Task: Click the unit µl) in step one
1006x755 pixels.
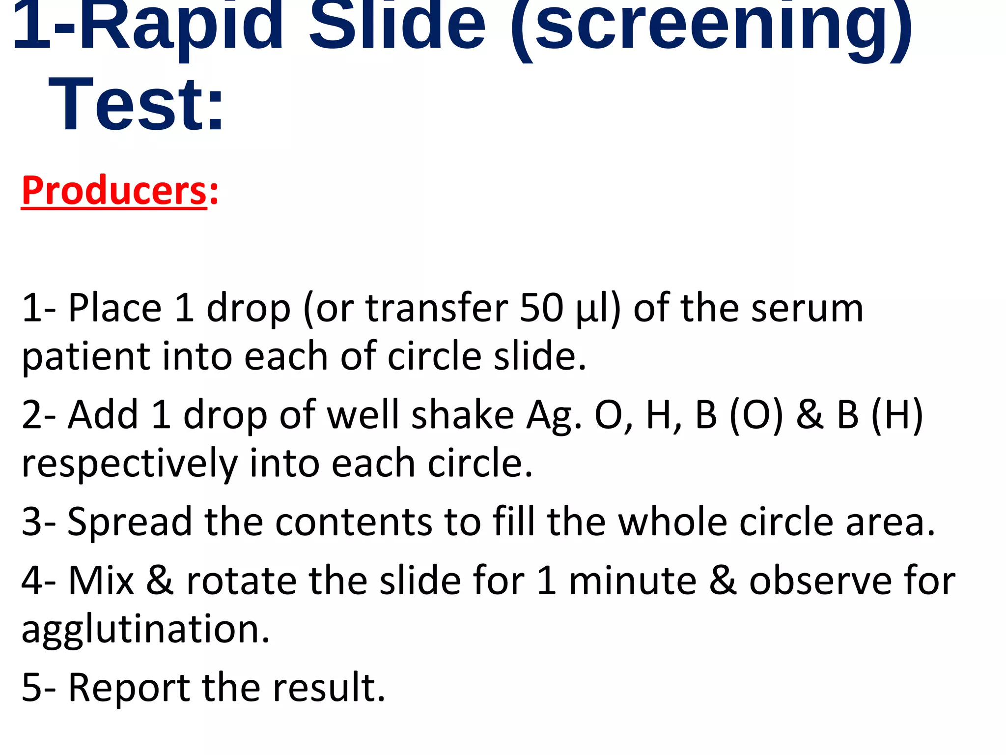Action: pos(598,309)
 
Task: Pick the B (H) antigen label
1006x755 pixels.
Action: pos(880,415)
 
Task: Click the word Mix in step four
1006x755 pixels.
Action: pos(101,581)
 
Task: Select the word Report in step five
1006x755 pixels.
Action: pos(129,688)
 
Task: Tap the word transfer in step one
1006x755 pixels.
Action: pos(437,308)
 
